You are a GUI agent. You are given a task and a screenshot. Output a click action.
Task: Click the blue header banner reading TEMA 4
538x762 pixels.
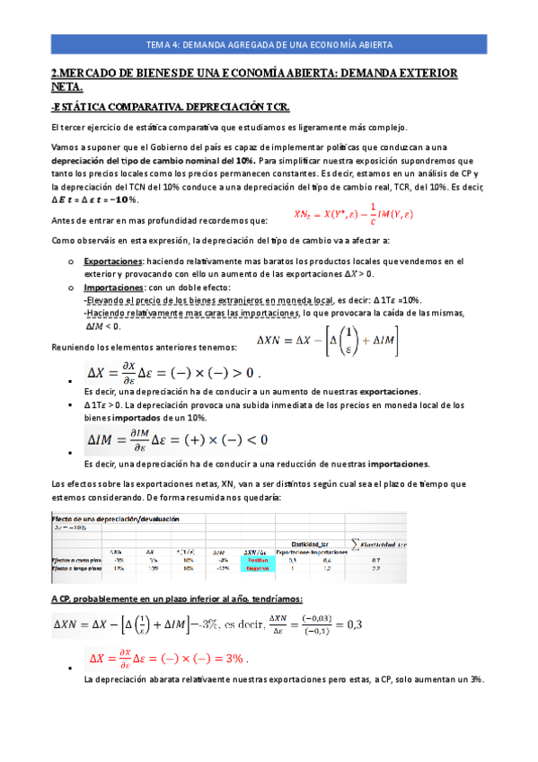tap(269, 44)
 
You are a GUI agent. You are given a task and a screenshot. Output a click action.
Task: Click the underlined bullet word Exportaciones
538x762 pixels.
tap(120, 261)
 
